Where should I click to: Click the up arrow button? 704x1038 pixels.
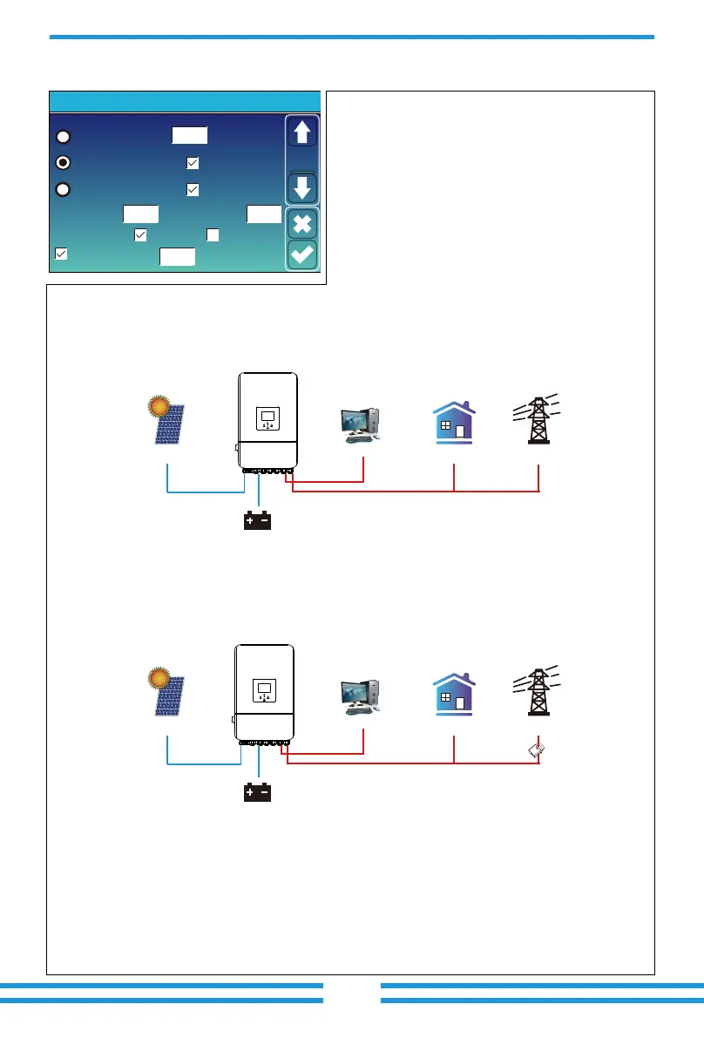click(302, 133)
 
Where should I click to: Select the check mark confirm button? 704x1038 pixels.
click(302, 255)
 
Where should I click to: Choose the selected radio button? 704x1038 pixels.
click(63, 162)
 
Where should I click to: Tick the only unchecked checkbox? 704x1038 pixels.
click(212, 234)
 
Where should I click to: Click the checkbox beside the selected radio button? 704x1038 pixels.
click(193, 162)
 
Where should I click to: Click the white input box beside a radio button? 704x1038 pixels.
click(189, 135)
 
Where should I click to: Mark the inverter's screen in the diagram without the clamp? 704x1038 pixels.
click(267, 418)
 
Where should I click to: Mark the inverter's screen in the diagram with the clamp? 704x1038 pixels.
click(265, 691)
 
